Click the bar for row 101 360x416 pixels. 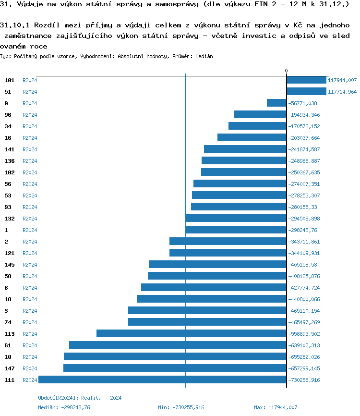coord(306,80)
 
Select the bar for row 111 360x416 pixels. coord(162,380)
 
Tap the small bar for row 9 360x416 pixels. coord(276,103)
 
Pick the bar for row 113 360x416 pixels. coord(191,334)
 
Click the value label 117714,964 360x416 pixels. coord(342,92)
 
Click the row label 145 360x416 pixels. coord(10,265)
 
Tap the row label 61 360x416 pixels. coord(8,345)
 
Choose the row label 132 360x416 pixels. coord(10,219)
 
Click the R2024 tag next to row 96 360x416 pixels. coord(30,115)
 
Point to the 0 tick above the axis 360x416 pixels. coord(287,71)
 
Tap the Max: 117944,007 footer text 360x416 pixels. coord(276,407)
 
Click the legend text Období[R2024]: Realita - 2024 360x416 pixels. coord(80,398)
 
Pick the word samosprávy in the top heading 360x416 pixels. coord(164,5)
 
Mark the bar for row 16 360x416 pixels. coord(252,138)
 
